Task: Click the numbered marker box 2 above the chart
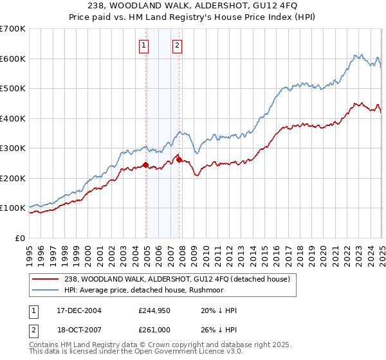click(x=176, y=45)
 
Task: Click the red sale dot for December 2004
click(x=146, y=165)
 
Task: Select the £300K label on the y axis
click(x=14, y=148)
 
